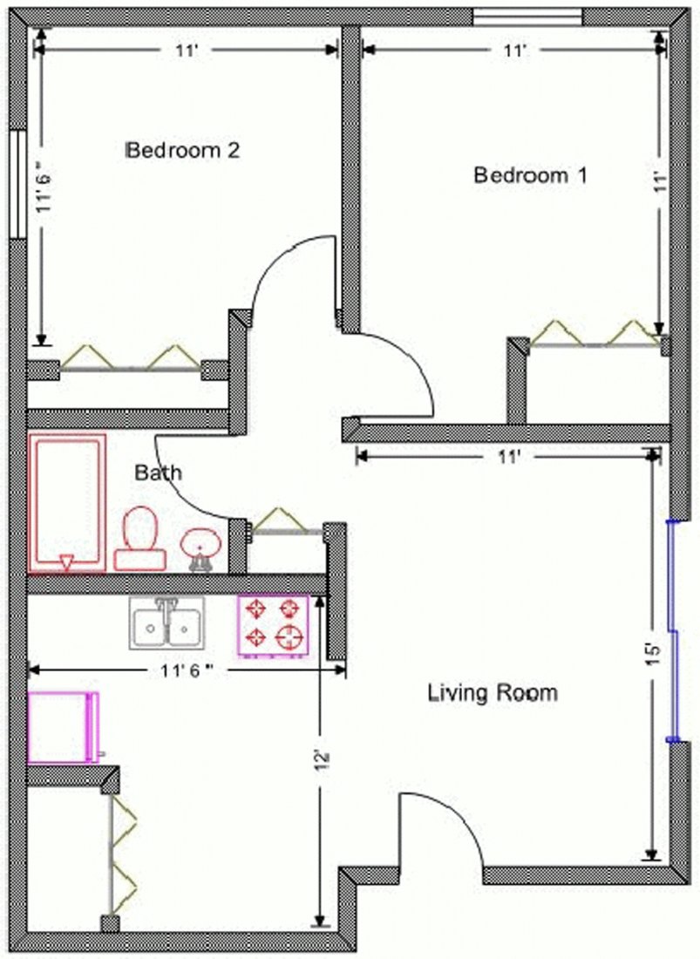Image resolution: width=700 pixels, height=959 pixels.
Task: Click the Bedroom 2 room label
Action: point(183,150)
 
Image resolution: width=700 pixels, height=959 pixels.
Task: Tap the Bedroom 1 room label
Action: point(530,175)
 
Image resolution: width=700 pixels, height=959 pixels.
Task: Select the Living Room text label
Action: point(493,694)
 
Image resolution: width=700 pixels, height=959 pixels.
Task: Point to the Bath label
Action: point(159,473)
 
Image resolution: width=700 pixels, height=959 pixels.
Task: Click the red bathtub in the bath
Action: point(67,503)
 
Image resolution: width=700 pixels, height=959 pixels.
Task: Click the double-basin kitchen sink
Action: point(167,622)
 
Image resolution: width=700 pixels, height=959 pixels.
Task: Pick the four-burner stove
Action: point(274,625)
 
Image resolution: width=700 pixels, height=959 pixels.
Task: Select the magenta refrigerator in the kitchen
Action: point(63,727)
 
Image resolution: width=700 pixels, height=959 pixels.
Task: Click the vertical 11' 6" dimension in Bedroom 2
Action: point(41,186)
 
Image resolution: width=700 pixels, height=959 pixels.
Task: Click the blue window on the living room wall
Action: point(672,631)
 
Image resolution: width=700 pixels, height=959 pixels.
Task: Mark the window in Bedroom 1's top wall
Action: point(527,17)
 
